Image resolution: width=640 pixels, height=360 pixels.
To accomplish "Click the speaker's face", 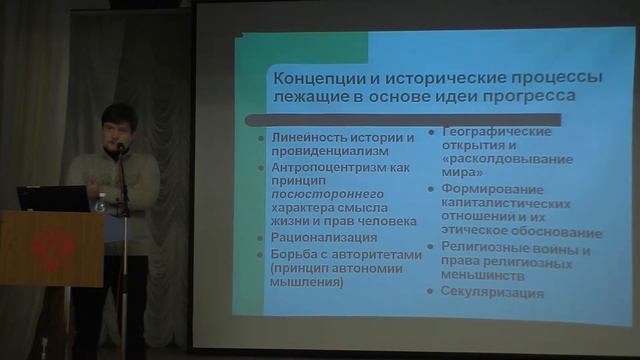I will (x=117, y=127).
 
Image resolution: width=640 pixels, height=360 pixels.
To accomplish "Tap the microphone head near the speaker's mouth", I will (x=120, y=147).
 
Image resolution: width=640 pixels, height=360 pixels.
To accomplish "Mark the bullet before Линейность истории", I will (x=263, y=136).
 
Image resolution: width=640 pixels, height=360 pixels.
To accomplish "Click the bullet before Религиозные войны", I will (x=432, y=246).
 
